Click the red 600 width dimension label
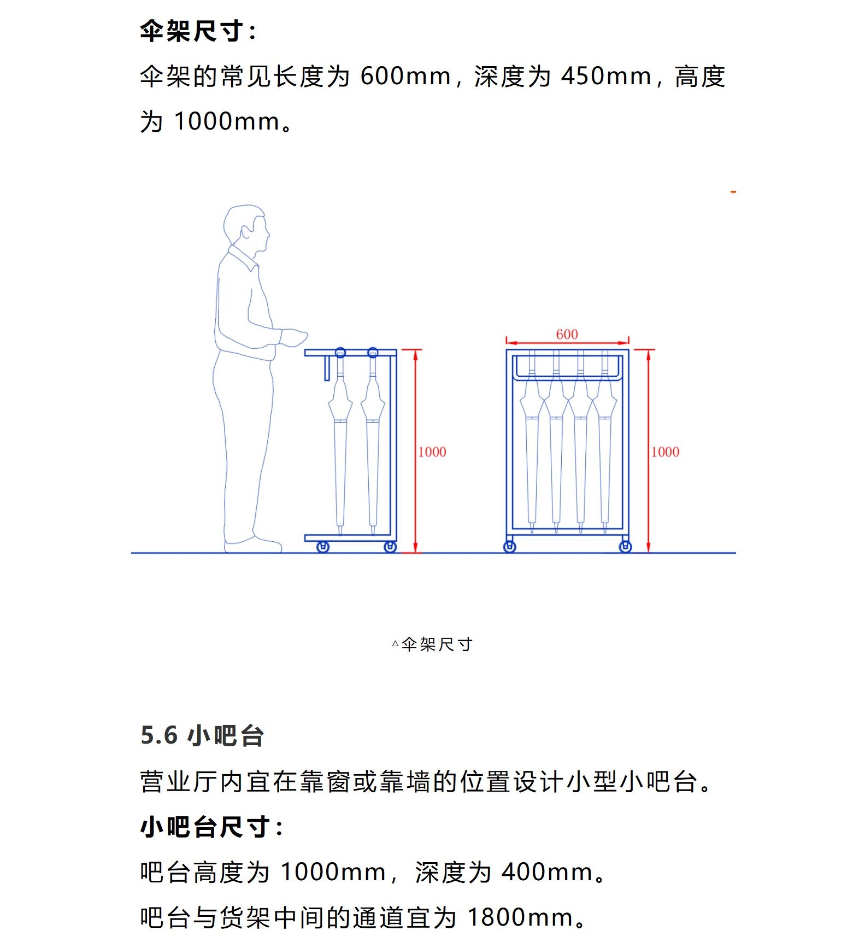coord(567,334)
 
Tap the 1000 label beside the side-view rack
coord(432,452)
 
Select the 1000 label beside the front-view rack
coord(665,452)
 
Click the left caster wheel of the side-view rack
coord(323,547)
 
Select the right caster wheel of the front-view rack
coord(626,547)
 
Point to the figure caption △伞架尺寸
coord(432,644)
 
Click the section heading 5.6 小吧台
coord(202,735)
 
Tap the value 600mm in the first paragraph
coord(405,76)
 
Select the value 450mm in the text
coord(606,76)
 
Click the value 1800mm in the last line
coord(520,917)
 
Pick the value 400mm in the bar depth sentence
coord(547,871)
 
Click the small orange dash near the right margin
coord(733,192)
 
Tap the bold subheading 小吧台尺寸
coord(211,826)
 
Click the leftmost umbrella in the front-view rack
coord(532,443)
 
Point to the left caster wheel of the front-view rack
coord(509,547)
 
